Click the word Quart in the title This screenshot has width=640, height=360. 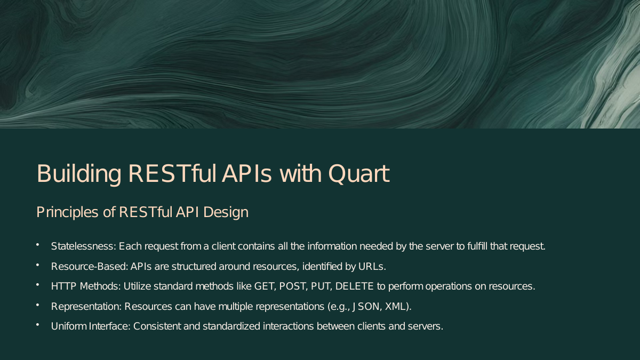(x=359, y=173)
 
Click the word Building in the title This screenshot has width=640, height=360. (x=79, y=174)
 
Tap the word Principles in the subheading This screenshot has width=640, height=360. (x=67, y=213)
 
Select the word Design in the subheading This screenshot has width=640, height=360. (x=226, y=212)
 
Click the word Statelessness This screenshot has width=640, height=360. (x=83, y=246)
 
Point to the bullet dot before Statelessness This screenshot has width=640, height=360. (x=37, y=245)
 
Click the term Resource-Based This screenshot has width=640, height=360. (x=90, y=267)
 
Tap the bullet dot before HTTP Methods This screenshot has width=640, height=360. (x=37, y=285)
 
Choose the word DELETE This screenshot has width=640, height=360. (x=354, y=286)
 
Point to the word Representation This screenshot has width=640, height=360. (x=86, y=307)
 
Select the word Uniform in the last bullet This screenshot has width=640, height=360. (x=69, y=326)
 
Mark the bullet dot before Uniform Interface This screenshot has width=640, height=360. (x=37, y=325)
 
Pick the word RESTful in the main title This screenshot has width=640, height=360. (x=172, y=173)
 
